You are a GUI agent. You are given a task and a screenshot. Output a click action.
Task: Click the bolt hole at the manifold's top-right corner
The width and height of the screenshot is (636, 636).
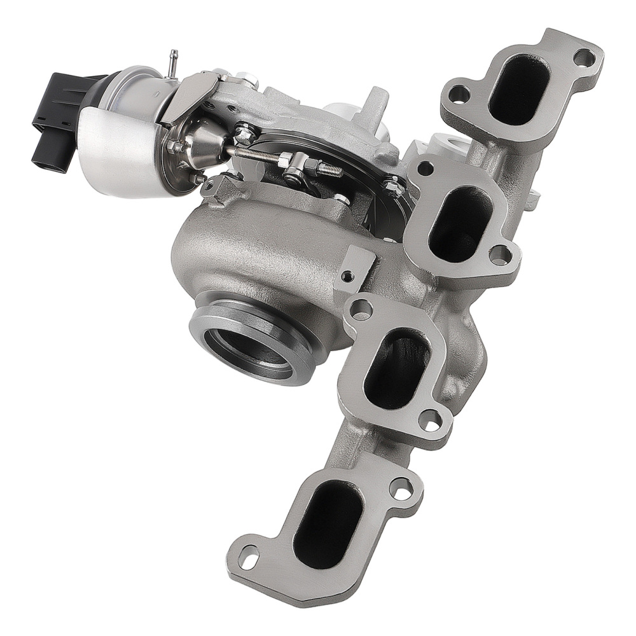584,57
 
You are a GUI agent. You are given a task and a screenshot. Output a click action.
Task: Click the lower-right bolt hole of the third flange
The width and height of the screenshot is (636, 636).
431,419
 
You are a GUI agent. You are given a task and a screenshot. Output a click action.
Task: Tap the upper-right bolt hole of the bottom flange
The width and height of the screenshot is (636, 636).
401,490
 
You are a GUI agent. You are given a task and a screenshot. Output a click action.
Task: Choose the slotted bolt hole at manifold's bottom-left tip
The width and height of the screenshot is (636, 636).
249,560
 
